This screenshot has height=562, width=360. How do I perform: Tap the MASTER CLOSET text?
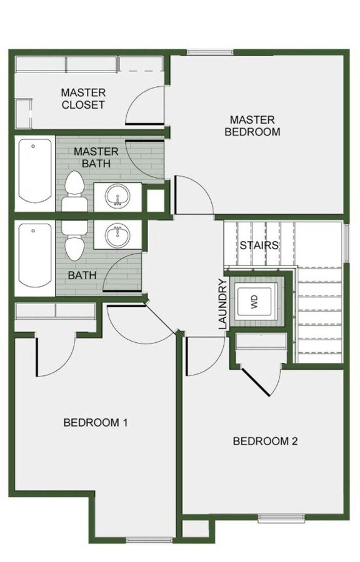(x=82, y=99)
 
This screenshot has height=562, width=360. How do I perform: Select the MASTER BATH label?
(x=95, y=157)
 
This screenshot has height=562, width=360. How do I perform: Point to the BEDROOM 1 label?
(x=96, y=422)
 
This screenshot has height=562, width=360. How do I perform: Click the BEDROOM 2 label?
(x=265, y=441)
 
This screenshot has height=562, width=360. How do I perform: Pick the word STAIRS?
(x=259, y=245)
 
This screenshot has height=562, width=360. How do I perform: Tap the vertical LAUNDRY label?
(x=222, y=304)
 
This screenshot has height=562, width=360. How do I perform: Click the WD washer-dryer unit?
(x=254, y=303)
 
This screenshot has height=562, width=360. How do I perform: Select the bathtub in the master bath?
(x=34, y=171)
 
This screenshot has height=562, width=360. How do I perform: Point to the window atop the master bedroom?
(x=206, y=52)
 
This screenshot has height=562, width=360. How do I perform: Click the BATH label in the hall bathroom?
(x=81, y=275)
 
